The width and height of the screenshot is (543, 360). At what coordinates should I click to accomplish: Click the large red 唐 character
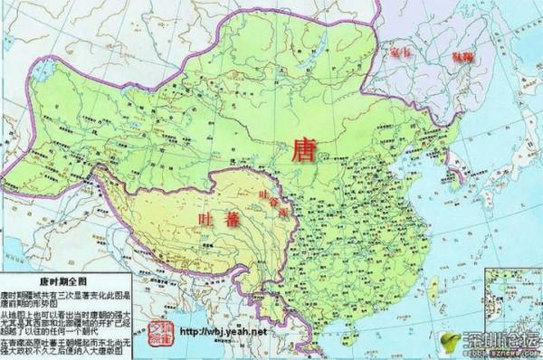303,150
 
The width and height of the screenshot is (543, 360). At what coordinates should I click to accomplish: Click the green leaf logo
449,342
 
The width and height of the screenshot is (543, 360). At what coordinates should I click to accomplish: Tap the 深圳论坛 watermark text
498,340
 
